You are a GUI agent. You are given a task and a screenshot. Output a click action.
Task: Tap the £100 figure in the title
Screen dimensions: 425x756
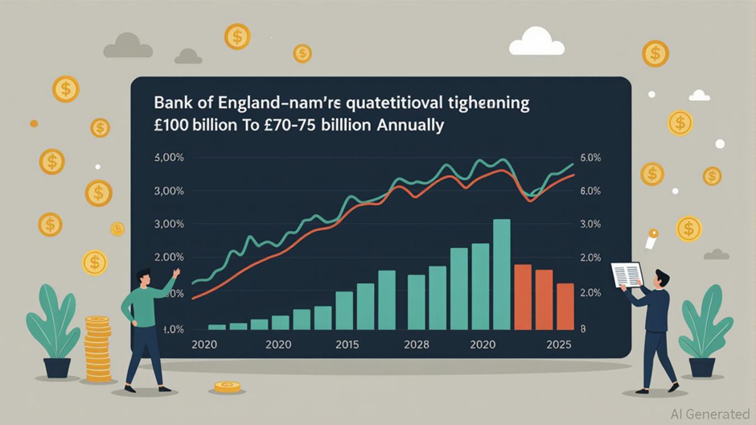coord(174,127)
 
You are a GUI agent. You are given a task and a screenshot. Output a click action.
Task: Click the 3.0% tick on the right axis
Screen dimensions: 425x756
coord(590,223)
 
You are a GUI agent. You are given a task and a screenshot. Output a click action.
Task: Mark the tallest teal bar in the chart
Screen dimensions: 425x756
coord(501,274)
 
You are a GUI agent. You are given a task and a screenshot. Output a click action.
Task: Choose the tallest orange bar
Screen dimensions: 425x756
coord(523,296)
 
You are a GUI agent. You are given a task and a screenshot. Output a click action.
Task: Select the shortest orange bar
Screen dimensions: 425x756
coord(565,306)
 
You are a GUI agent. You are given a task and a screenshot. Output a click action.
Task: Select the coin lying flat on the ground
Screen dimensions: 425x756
coord(228,387)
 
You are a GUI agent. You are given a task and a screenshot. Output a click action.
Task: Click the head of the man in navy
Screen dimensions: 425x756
coord(661,279)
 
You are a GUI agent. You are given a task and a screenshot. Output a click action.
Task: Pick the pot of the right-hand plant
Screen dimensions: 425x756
coord(701,367)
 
